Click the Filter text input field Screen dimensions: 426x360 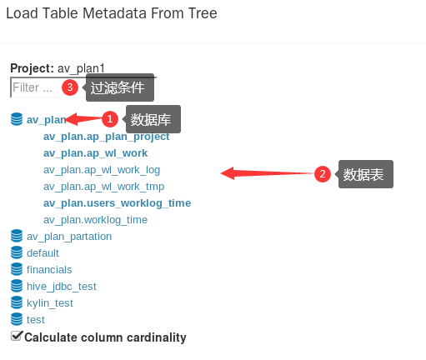[36, 87]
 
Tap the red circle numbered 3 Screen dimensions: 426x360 [70, 87]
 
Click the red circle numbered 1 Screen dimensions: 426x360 [110, 119]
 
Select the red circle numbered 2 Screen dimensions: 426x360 [323, 174]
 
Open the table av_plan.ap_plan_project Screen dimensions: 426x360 [106, 137]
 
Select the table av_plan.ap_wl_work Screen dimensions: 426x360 [95, 153]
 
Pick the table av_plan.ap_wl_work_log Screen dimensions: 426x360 [102, 170]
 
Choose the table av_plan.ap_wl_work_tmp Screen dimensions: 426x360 [103, 187]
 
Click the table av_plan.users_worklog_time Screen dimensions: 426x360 [117, 203]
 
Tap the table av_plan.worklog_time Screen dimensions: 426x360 [95, 220]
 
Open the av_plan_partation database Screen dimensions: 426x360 [69, 237]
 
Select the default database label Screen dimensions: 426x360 [43, 253]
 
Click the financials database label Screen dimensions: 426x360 [49, 270]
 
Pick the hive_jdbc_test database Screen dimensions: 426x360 [62, 287]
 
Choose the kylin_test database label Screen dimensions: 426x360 [50, 303]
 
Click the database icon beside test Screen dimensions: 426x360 [17, 319]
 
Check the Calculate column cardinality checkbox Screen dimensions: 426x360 [16, 336]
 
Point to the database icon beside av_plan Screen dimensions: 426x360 [17, 119]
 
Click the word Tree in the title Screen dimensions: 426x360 [203, 13]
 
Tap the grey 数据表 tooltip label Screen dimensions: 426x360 [366, 174]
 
